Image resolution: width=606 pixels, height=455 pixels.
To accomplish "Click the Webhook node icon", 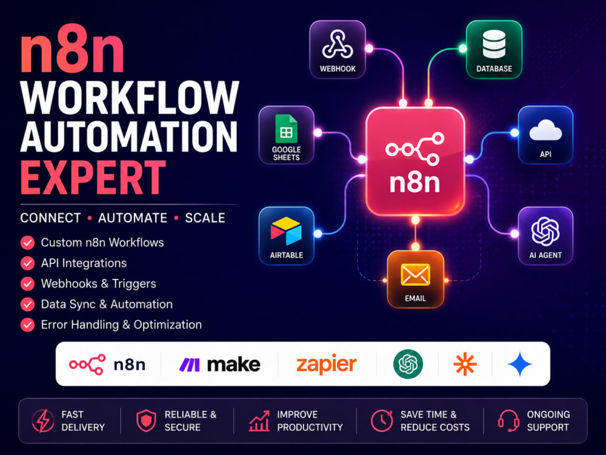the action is point(338,44).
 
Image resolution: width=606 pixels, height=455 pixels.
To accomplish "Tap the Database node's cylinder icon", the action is point(494,44).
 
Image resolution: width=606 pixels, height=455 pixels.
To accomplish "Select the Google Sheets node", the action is point(287,135).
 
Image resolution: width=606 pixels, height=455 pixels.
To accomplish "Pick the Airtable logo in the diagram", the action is point(286,231).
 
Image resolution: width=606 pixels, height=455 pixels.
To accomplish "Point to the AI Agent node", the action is point(545,235).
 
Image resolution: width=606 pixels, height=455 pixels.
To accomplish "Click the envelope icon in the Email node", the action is point(415,275).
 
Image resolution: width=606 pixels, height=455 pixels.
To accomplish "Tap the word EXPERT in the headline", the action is point(93,178).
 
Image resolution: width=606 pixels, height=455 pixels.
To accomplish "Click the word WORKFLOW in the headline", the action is point(130,98).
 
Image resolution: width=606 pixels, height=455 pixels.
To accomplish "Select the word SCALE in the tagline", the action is point(205,218).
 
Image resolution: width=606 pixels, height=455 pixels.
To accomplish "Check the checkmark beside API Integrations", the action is point(27,263).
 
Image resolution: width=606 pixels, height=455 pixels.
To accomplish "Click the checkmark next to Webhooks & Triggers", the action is point(27,283).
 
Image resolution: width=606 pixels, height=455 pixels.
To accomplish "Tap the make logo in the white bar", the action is point(219,365).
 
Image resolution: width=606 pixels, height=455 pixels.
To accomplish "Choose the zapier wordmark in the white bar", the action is point(327,365).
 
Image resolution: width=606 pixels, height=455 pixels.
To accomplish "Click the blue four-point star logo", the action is point(520,364).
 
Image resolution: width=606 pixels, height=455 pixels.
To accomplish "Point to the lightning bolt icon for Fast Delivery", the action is point(43,420).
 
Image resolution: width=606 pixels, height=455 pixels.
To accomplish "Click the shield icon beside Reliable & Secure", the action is point(147,420).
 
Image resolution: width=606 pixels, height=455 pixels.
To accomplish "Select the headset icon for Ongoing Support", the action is point(508,420).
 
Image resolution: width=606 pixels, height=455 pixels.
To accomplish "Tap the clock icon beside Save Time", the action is point(382,420).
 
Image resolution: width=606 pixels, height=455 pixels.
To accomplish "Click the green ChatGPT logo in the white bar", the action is point(408,364).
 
